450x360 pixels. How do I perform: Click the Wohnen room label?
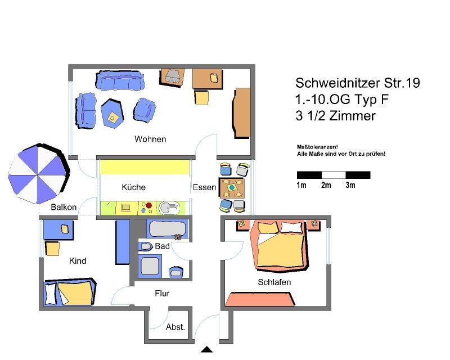point(150,139)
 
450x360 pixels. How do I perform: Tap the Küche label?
point(133,187)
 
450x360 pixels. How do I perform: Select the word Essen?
point(204,187)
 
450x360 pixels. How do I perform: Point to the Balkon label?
point(64,207)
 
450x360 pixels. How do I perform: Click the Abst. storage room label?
point(175,327)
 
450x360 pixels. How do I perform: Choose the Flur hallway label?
point(162,293)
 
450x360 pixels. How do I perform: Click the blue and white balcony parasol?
point(39,174)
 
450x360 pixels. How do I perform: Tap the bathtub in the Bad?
point(168,229)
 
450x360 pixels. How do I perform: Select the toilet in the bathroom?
point(146,246)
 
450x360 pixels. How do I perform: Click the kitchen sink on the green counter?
point(169,208)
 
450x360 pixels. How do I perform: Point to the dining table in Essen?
point(232,188)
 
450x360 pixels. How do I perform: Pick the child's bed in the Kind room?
point(70,292)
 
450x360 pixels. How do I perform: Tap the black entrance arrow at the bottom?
point(206,349)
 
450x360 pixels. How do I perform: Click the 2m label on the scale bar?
point(326,185)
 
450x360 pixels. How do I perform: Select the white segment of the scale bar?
point(334,175)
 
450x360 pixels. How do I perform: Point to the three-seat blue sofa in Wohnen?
point(120,80)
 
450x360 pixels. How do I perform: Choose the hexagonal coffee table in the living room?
point(112,113)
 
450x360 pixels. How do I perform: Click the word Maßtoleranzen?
point(317,147)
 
